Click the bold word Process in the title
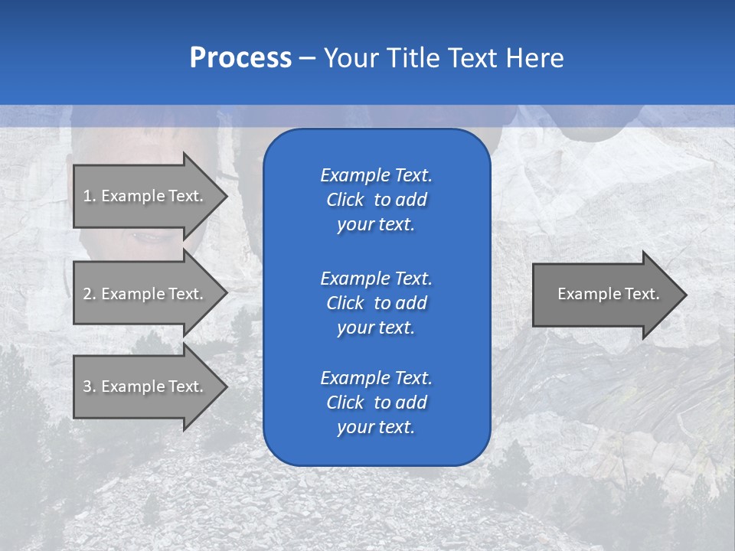[240, 58]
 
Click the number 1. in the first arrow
[90, 196]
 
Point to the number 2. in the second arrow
[90, 294]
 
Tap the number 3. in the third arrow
[90, 386]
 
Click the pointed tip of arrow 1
[224, 196]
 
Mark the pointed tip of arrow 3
[224, 386]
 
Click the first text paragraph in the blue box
[376, 200]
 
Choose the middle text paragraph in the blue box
[376, 302]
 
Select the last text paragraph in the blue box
[376, 403]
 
